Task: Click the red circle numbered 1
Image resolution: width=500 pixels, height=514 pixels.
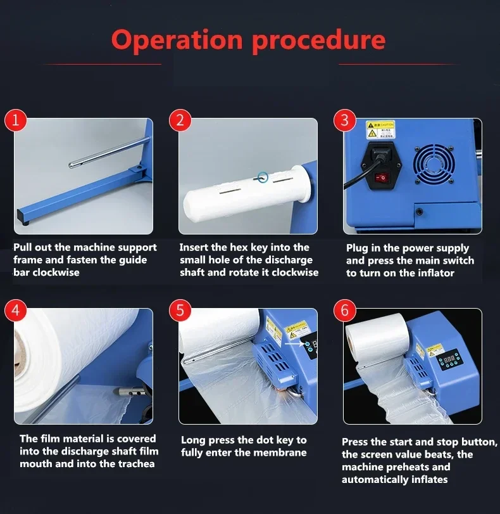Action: click(x=15, y=120)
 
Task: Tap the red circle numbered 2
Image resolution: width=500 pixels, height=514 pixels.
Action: click(x=180, y=120)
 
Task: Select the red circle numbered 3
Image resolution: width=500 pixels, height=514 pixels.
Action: click(x=344, y=120)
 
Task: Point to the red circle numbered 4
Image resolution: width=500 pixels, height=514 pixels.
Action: click(x=15, y=310)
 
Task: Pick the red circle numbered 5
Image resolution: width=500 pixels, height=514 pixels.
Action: click(x=180, y=310)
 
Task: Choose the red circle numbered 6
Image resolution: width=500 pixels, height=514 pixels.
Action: click(x=344, y=310)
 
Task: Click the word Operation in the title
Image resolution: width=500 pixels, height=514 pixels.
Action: click(x=177, y=40)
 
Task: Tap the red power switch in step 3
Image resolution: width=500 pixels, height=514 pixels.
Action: click(x=380, y=177)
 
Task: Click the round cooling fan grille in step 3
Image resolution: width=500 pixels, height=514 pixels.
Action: click(x=434, y=164)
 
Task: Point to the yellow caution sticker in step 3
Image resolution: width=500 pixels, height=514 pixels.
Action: click(x=380, y=129)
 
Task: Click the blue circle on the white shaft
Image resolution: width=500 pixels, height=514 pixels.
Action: click(x=263, y=177)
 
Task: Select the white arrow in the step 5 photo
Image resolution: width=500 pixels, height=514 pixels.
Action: click(x=295, y=344)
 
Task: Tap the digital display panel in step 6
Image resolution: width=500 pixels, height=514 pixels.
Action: click(x=450, y=359)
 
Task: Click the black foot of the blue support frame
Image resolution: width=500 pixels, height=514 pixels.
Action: click(x=25, y=223)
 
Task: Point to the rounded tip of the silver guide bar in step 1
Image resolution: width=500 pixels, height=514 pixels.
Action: click(x=70, y=165)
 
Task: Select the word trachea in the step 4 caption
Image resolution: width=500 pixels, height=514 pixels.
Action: click(x=137, y=464)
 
